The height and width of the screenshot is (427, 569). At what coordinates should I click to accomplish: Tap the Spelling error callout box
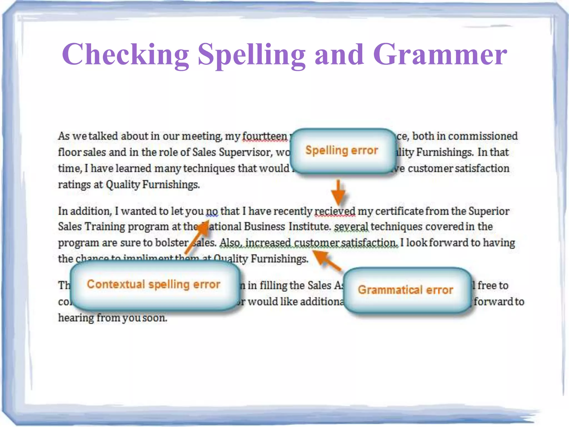pos(342,150)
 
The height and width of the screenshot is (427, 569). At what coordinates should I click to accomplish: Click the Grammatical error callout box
pos(405,290)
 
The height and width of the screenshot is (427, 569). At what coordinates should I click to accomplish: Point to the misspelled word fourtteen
pos(265,136)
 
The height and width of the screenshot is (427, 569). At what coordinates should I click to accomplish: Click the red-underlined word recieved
pos(335,212)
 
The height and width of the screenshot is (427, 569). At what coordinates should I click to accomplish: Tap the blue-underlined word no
pos(212,212)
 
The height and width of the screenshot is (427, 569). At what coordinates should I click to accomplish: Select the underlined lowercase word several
pos(351,227)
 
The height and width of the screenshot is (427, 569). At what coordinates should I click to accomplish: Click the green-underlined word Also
pos(231,243)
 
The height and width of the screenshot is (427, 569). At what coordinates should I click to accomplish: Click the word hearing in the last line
pos(76,318)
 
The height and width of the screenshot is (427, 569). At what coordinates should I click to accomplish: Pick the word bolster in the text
pos(172,243)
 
